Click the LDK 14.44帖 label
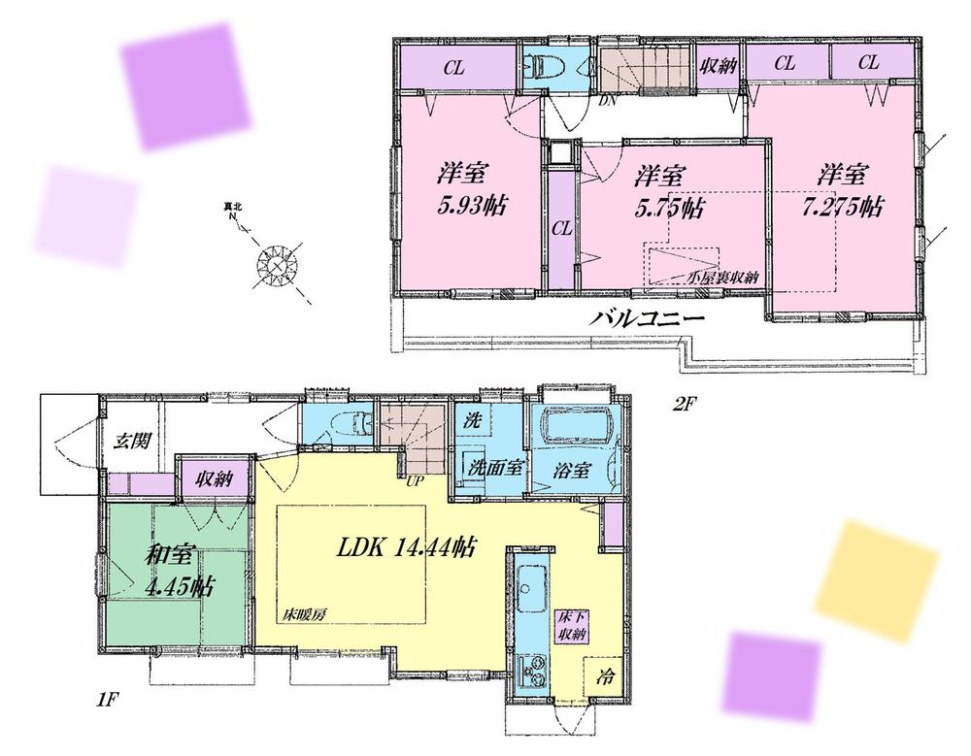[405, 547]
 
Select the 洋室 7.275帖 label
[849, 191]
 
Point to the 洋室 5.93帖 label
[470, 191]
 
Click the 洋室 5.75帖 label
[670, 192]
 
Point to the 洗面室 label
[495, 467]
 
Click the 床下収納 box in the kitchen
[570, 627]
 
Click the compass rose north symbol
[277, 263]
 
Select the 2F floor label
[685, 405]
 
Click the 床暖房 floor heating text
[302, 616]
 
